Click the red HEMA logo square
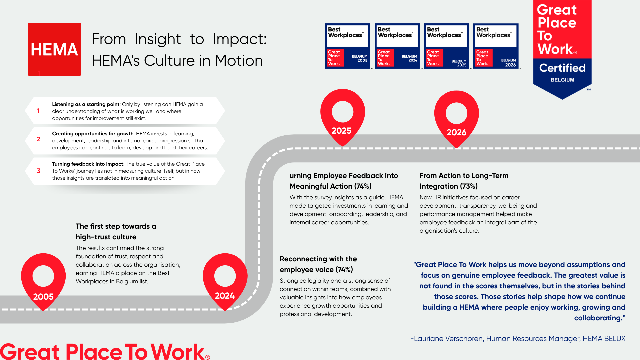54,49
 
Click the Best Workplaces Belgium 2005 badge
348,46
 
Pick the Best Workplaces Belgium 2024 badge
397,46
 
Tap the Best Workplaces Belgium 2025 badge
447,46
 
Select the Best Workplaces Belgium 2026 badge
496,46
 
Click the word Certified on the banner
562,68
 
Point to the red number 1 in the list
38,111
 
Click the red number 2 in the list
38,139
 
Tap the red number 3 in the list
38,171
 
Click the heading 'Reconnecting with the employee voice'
318,264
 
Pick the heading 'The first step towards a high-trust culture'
116,232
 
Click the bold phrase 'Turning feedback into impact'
88,164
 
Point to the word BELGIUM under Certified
562,80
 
